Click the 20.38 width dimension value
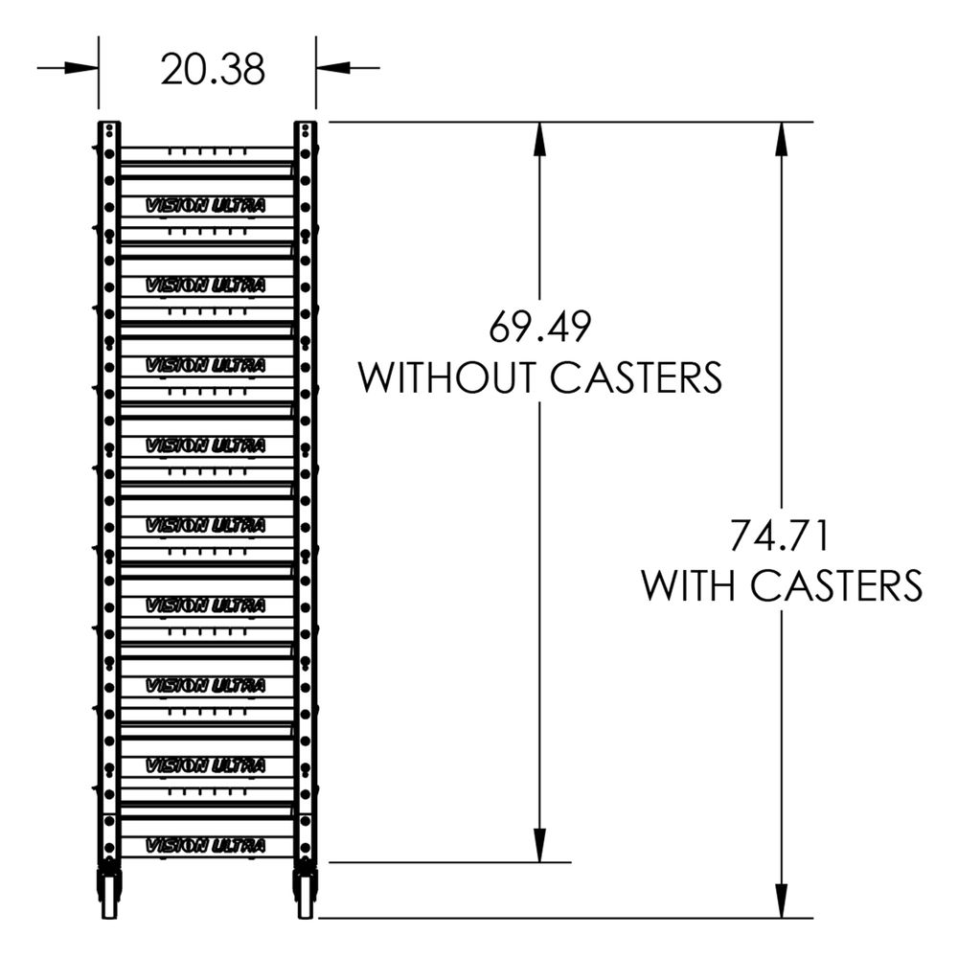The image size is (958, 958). coord(213,69)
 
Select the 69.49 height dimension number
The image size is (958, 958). coord(540,328)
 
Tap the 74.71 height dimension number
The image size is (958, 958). coord(780,535)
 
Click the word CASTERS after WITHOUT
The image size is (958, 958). coord(636,377)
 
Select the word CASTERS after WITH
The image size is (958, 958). coord(835,584)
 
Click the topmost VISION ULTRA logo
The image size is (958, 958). coord(204,205)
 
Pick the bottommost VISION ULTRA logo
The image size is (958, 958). coord(204,845)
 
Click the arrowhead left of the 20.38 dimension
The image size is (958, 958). coord(84,68)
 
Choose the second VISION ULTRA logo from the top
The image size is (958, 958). coord(204,285)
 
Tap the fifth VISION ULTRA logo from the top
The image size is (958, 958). coord(204,525)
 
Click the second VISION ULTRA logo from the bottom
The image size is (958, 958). coord(204,764)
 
